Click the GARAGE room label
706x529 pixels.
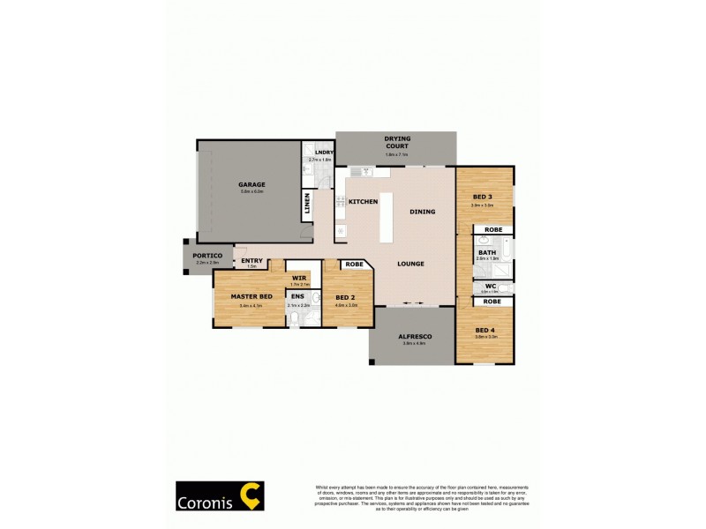click(x=251, y=184)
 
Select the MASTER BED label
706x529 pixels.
click(x=251, y=296)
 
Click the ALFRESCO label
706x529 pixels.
click(x=412, y=336)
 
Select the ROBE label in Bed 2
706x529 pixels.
click(x=354, y=264)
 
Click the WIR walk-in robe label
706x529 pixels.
click(x=300, y=277)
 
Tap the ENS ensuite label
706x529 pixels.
click(x=297, y=296)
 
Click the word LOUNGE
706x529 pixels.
click(x=410, y=264)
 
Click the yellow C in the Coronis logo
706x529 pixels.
click(x=251, y=496)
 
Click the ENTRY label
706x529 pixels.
click(x=252, y=260)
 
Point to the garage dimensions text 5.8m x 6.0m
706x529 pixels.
click(x=252, y=191)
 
